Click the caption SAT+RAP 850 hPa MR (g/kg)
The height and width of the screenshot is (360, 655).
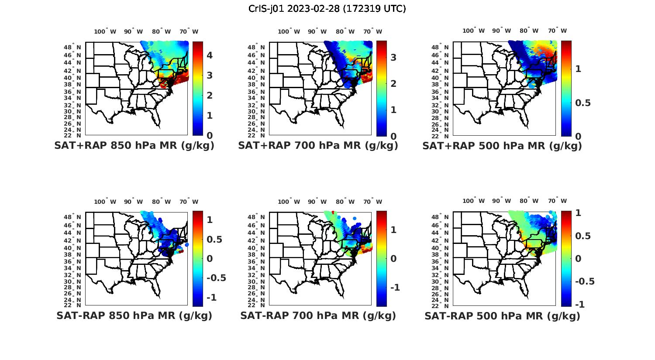(x=134, y=146)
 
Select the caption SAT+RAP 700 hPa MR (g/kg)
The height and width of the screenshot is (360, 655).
(x=318, y=146)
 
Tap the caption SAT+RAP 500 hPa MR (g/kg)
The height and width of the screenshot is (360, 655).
(x=502, y=146)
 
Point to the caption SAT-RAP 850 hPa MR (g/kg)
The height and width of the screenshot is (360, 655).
(x=134, y=315)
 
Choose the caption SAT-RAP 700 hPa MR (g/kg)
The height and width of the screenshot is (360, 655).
(x=318, y=315)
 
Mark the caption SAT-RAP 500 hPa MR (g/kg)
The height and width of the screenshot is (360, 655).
(x=502, y=315)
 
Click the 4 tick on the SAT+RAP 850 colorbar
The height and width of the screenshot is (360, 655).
(x=210, y=55)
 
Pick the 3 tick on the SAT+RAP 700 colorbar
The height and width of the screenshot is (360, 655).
(x=393, y=57)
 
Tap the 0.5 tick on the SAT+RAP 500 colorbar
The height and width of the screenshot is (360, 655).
(x=584, y=103)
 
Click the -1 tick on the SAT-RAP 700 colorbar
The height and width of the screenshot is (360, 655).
(x=395, y=287)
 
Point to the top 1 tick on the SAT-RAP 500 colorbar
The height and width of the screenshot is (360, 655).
(x=578, y=213)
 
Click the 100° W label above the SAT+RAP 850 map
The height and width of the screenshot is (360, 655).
(x=105, y=31)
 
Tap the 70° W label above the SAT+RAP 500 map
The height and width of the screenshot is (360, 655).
(x=557, y=31)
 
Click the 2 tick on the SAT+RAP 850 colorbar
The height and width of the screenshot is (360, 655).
(x=210, y=96)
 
